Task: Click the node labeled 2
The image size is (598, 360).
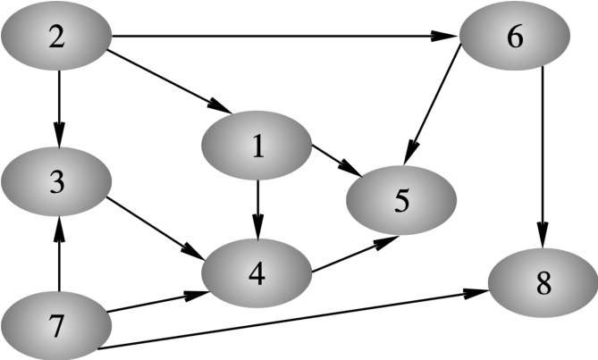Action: pos(55,38)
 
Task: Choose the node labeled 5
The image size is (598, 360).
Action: pos(401,200)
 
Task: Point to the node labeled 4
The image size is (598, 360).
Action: pos(257,273)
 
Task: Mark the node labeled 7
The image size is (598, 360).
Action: pos(55,327)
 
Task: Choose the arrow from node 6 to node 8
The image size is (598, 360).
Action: pos(543,161)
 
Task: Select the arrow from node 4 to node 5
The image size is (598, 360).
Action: pos(349,253)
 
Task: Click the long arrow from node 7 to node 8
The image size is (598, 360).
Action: pos(295,320)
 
